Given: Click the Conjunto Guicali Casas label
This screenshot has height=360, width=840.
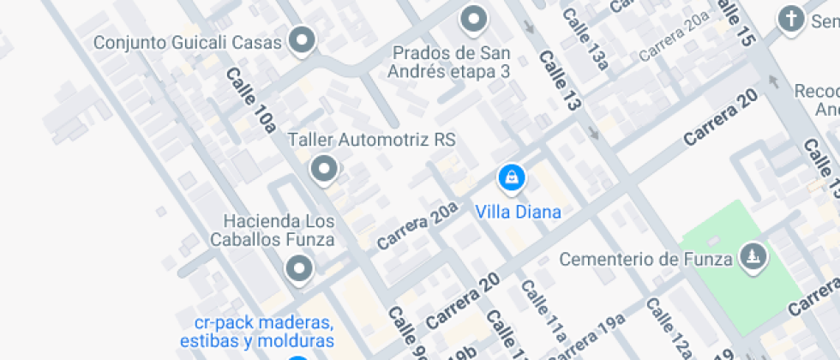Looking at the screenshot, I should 187,42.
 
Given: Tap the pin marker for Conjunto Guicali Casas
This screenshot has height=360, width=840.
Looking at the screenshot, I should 301,39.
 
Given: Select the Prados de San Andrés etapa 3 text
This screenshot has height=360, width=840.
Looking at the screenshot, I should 448,63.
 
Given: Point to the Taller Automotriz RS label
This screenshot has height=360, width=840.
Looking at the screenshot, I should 371,139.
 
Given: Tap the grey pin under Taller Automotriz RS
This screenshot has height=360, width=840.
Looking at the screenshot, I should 323,169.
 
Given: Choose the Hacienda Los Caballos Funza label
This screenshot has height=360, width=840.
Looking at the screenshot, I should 279,230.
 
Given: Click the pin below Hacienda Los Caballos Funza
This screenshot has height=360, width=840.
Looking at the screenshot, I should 298,268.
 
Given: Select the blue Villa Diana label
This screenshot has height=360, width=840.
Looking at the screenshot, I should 519,212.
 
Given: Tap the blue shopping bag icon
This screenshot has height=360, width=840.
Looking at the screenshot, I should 511,177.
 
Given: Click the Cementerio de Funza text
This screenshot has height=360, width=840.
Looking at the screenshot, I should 645,258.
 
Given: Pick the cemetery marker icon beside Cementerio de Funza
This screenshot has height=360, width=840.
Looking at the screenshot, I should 753,255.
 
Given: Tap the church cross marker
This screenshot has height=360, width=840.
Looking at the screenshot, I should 790,18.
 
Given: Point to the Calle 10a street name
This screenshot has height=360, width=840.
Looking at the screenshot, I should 250,100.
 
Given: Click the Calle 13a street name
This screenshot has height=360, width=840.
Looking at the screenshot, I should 586,39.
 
